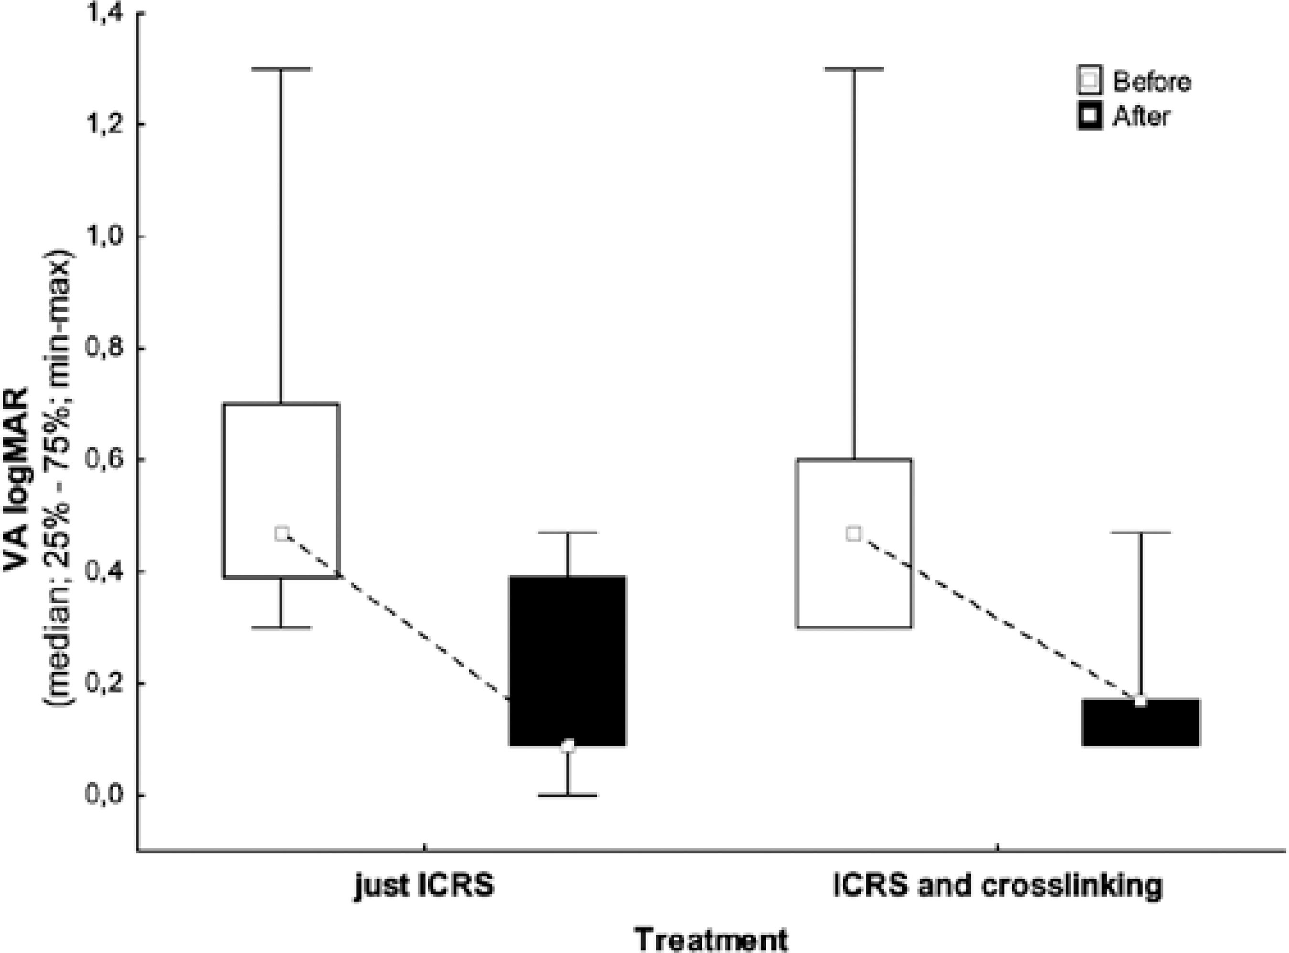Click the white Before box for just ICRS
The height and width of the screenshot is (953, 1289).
click(x=281, y=462)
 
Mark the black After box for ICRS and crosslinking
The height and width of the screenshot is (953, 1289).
click(x=1141, y=722)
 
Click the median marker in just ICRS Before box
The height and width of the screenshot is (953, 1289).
click(x=281, y=534)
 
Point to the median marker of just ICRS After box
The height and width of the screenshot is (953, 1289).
click(x=568, y=746)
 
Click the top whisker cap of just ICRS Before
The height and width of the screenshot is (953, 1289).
click(x=281, y=69)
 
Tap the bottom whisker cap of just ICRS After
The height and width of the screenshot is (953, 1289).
click(x=568, y=796)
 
